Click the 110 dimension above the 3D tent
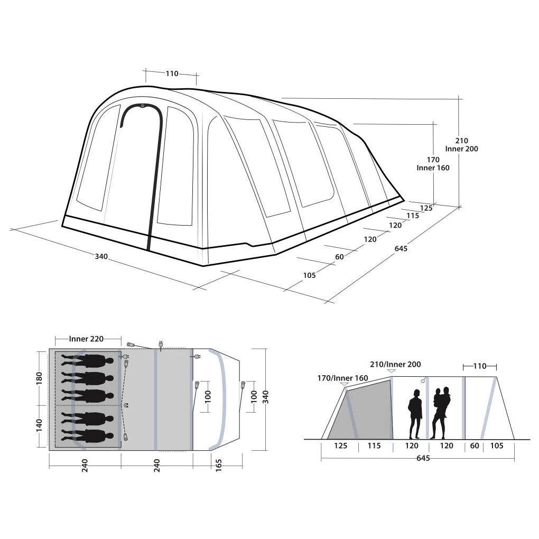click(172, 73)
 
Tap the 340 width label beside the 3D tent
click(101, 256)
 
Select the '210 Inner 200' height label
click(461, 145)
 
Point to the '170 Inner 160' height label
click(433, 164)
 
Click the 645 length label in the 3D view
click(401, 248)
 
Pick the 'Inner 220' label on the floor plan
click(86, 339)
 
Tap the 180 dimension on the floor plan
click(39, 378)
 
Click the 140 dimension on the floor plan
click(39, 425)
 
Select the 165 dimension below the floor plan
click(219, 466)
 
